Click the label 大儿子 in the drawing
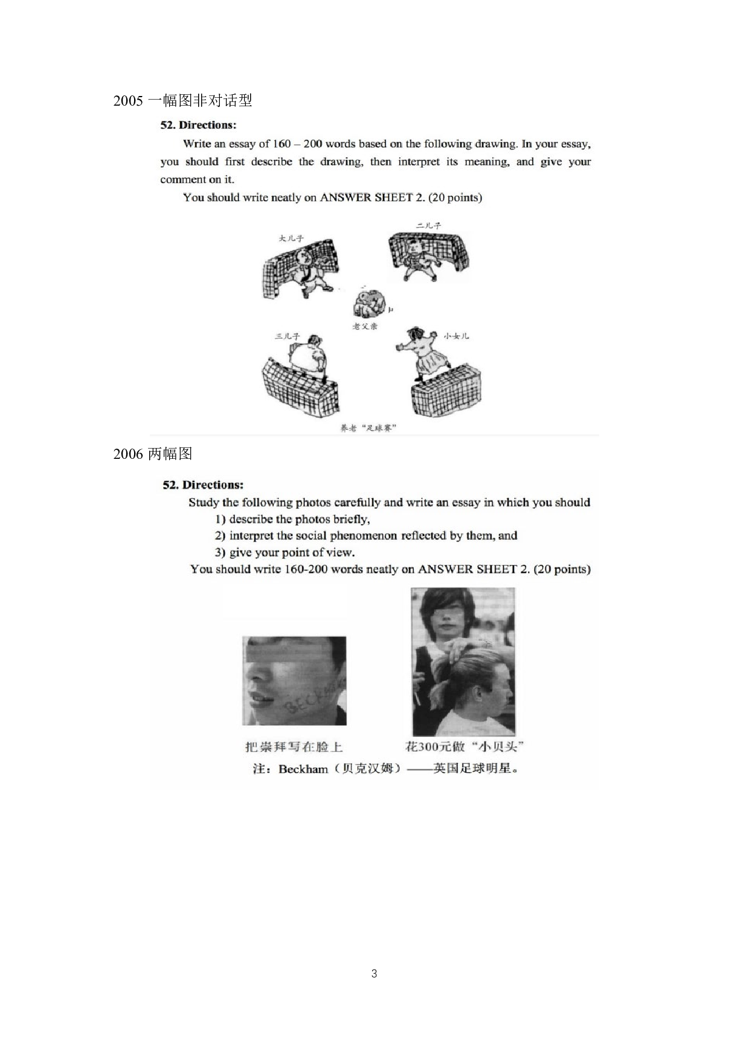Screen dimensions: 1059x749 coord(291,238)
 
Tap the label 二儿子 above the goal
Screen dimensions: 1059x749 coord(428,225)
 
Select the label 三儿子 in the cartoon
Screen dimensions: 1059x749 coord(288,336)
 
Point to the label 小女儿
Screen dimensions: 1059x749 coord(456,336)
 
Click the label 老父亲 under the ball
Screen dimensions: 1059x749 coord(365,326)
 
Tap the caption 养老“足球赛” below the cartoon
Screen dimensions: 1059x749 coord(368,428)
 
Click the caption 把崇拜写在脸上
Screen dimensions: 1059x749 coord(294,747)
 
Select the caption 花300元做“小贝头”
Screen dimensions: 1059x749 coord(464,746)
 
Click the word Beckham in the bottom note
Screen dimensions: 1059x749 coord(303,769)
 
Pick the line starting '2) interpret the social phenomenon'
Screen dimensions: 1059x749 coord(366,536)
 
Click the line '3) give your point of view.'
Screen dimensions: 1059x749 coord(284,552)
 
